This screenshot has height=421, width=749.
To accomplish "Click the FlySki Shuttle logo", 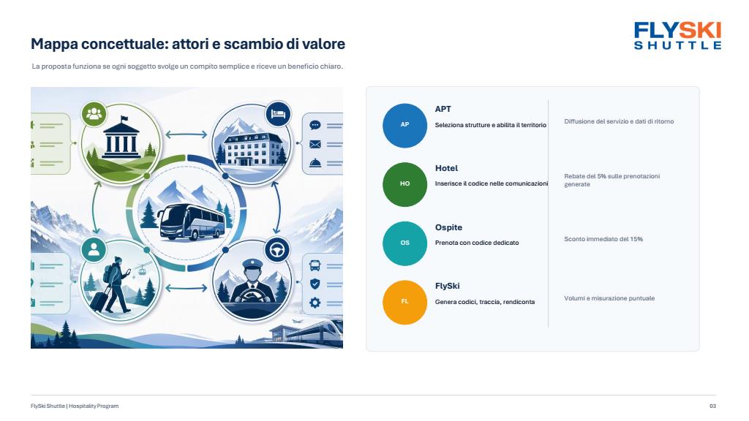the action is pos(677,36).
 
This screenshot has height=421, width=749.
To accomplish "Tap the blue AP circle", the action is pos(404,125).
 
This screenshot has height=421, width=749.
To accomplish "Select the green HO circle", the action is pos(404,184).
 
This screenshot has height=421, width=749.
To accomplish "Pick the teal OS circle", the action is pos(404,243).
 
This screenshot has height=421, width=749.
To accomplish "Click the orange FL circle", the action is pos(404,302).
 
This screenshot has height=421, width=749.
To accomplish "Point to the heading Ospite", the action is pos(448,228).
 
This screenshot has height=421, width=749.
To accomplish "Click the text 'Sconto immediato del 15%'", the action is pos(603,239).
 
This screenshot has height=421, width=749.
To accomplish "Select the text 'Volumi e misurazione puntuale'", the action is pos(609,298).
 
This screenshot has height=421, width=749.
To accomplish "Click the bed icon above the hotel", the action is pos(278,114).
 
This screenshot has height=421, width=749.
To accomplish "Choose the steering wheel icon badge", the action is pos(277,250).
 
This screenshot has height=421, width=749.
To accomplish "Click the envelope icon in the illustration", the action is pos(315,144).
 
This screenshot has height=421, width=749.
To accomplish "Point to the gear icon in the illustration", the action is pos(315,303).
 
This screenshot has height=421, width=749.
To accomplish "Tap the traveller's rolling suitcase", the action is pos(99,300).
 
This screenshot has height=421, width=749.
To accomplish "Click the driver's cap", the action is pos(252,264).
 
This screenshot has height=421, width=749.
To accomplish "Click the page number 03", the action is pos(712,406).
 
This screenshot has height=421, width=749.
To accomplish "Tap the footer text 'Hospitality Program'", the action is pos(94,406).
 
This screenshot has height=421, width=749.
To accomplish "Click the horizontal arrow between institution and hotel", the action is pos(187,134).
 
